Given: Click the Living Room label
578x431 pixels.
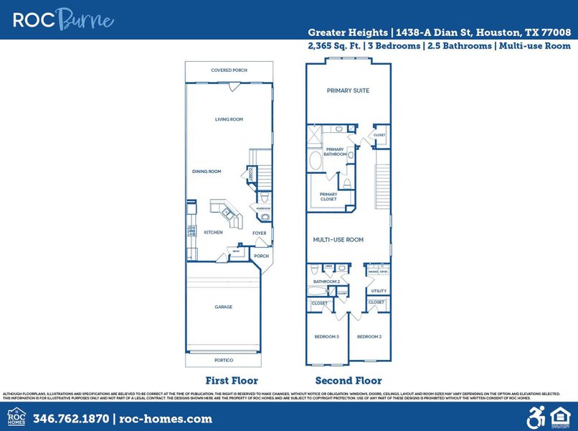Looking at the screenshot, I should (x=229, y=119).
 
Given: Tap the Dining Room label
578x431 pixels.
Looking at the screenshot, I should (x=207, y=172).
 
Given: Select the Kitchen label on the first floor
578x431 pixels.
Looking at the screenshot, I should (x=213, y=232).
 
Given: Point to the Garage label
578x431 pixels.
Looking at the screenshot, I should (x=224, y=307).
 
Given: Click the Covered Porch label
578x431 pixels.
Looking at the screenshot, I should (x=229, y=70).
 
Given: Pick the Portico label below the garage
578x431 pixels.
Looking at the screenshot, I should (x=224, y=360).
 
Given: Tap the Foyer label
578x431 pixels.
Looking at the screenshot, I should (x=260, y=233).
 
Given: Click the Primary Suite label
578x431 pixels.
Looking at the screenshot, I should (x=349, y=91).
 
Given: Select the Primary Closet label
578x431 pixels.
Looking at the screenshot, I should (x=328, y=196).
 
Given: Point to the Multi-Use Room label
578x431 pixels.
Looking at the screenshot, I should (x=338, y=240).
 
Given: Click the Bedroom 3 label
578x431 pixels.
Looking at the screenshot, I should (x=327, y=336).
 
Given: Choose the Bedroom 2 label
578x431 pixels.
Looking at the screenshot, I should (x=369, y=336).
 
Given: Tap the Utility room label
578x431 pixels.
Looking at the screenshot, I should (x=379, y=291).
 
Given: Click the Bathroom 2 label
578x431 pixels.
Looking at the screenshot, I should (x=326, y=282).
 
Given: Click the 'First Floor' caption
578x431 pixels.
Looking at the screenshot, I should (x=232, y=381).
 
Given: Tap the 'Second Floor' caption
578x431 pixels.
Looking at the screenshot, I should (x=349, y=381).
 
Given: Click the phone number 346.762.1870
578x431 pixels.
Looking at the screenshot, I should (x=72, y=419).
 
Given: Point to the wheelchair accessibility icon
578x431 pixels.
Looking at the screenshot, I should (x=536, y=417).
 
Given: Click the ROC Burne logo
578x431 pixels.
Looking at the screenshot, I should (x=63, y=19).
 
